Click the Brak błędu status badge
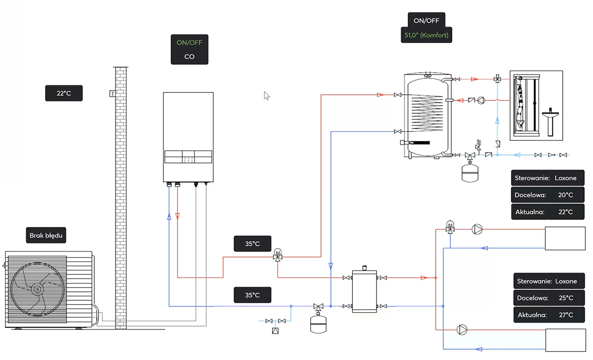point(46,235)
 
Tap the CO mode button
point(189,57)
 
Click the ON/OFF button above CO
point(189,42)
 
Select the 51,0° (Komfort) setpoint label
point(426,35)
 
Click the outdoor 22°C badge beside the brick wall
point(64,93)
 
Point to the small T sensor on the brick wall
point(112,93)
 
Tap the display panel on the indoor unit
point(188,157)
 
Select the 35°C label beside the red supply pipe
point(252,243)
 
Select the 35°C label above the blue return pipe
point(252,295)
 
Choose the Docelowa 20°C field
point(548,195)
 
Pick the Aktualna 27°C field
point(548,315)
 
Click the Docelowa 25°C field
point(548,298)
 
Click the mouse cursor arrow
point(267,96)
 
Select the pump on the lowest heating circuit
point(462,330)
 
